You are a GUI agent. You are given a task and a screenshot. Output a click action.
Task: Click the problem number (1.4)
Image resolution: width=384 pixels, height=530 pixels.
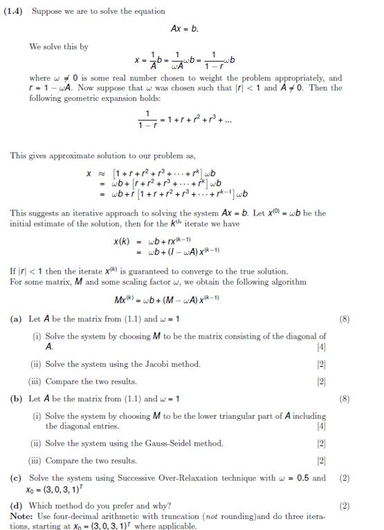12,11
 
